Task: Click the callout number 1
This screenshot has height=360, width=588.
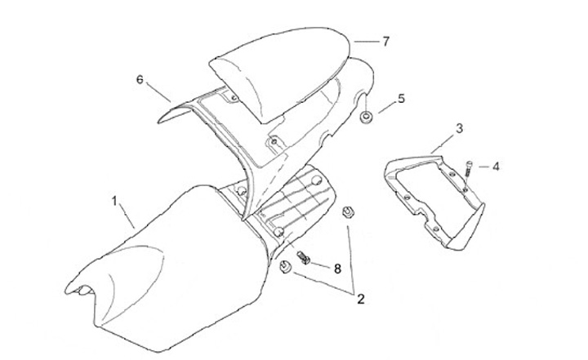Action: point(115,199)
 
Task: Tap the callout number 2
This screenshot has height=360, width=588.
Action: point(360,300)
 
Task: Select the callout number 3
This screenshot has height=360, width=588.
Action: point(459,128)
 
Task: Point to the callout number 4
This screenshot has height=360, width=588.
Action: point(496,166)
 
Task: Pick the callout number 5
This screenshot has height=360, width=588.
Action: point(401,99)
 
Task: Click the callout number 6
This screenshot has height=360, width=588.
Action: point(140,79)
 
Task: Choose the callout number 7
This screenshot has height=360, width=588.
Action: point(386,39)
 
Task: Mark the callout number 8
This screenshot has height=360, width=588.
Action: point(337,267)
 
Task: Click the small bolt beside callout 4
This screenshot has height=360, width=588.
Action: point(470,168)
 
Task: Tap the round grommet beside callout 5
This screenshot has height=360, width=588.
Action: point(367,119)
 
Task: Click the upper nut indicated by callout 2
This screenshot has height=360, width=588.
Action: point(346,212)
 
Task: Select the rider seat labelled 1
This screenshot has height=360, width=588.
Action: point(163,261)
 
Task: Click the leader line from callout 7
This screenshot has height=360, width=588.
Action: point(366,40)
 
